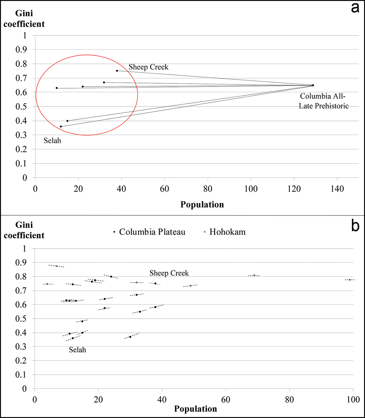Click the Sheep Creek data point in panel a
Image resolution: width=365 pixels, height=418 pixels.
click(x=117, y=71)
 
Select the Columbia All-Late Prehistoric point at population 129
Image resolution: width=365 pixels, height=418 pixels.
click(x=313, y=85)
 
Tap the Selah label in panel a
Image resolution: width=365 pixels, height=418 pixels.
click(x=52, y=141)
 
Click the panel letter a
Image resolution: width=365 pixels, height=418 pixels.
click(x=355, y=8)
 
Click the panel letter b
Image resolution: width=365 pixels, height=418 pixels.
click(x=355, y=226)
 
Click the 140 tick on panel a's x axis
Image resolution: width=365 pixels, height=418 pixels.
click(x=337, y=189)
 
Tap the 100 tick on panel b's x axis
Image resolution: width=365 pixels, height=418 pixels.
click(x=353, y=399)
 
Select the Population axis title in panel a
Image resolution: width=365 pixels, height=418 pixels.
click(x=202, y=205)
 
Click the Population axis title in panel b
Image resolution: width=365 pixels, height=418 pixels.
click(x=195, y=409)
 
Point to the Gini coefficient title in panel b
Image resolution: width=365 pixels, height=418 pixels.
click(x=24, y=230)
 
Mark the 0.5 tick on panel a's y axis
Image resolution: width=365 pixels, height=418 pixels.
click(x=21, y=106)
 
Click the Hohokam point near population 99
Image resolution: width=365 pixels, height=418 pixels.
click(x=350, y=280)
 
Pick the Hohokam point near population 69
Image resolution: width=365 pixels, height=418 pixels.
click(x=254, y=275)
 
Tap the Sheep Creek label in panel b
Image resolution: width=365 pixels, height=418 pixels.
click(x=169, y=273)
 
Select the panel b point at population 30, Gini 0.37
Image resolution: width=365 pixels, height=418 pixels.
click(x=130, y=337)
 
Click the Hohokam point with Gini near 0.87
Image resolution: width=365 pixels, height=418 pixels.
click(x=57, y=266)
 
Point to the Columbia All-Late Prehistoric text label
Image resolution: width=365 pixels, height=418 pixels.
click(x=323, y=101)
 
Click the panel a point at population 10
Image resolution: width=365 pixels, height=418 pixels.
click(x=57, y=88)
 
